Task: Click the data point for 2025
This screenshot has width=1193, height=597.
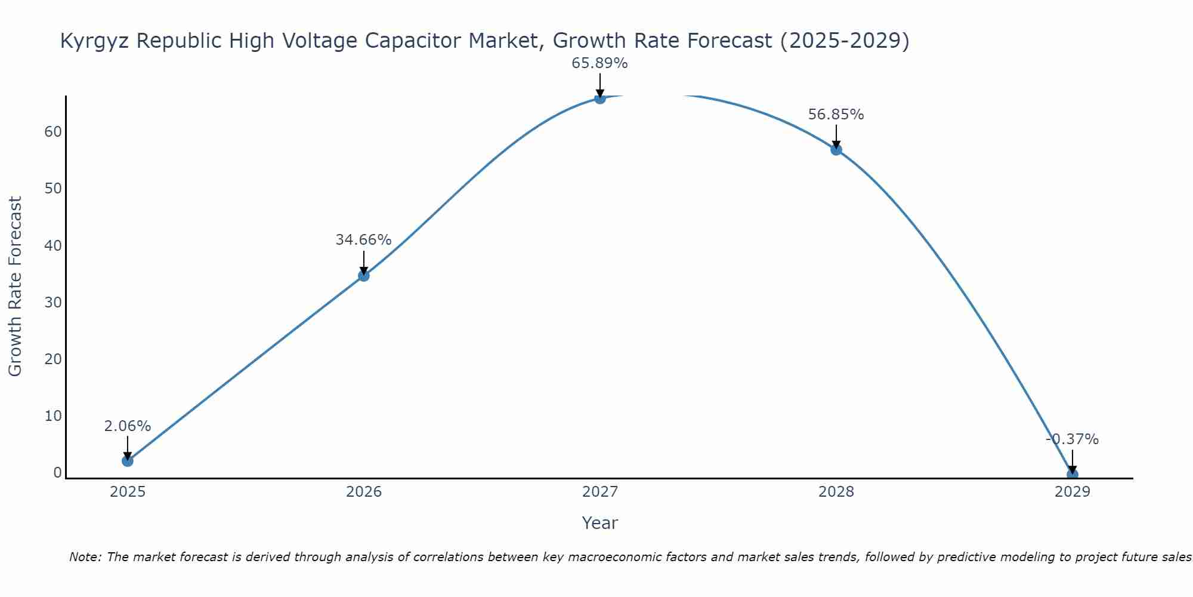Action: point(127,461)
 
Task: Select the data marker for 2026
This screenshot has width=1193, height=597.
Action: point(364,275)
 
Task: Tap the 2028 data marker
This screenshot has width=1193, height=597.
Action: point(836,149)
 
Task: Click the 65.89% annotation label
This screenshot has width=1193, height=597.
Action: point(599,63)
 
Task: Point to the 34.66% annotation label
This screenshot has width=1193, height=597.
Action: point(363,240)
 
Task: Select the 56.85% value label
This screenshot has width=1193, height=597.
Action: point(836,115)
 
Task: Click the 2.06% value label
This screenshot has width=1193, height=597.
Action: point(127,426)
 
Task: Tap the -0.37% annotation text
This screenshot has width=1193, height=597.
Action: point(1072,440)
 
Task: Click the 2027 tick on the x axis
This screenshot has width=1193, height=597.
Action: point(599,492)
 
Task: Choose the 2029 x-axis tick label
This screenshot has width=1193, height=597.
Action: point(1072,492)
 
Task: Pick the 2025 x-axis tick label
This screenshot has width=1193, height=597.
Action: point(128,492)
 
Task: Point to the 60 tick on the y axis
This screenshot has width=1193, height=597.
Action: point(53,132)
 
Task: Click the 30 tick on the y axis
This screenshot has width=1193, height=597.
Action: point(53,303)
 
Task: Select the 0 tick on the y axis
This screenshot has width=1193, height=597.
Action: point(58,473)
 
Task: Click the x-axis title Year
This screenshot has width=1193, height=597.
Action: point(599,523)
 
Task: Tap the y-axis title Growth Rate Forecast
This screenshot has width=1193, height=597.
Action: point(16,287)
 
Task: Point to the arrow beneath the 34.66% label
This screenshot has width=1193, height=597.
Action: point(364,263)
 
